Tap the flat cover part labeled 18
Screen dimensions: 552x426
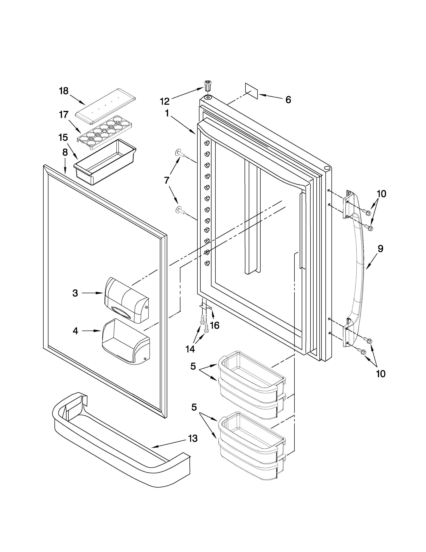105,106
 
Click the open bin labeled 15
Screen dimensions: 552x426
105,162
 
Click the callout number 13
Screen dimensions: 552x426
193,438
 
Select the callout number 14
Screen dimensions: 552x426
190,349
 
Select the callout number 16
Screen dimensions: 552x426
214,326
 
